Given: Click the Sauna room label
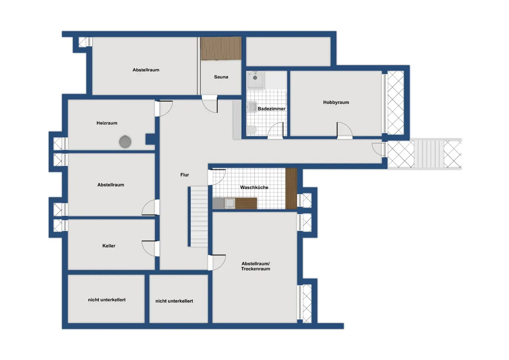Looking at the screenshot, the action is tap(221, 77).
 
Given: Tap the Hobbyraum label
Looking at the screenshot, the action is tap(336, 102).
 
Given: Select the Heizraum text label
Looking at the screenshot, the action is tap(107, 123).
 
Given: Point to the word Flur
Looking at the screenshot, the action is tap(185, 175).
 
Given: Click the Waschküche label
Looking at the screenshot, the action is tap(254, 187).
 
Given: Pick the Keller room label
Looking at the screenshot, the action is tap(109, 246).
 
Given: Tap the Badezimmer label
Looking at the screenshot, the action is tap(272, 109).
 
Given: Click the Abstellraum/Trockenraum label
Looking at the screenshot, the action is tap(256, 266).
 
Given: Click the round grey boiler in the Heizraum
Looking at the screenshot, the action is tap(125, 142).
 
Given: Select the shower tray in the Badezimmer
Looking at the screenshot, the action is tap(256, 80).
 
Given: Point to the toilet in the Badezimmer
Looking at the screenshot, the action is tap(252, 130).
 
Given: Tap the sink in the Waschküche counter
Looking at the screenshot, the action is tap(230, 203).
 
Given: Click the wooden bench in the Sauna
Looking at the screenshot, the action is tap(221, 49).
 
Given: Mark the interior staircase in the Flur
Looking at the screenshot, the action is tap(199, 216).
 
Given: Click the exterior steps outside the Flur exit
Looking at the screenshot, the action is tap(429, 154).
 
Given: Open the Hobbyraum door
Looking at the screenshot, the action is tap(344, 130).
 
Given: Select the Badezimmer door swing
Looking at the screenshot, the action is tap(276, 130).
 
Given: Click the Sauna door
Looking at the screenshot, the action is tap(210, 104).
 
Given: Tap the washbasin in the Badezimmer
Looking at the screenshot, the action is tap(252, 107).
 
